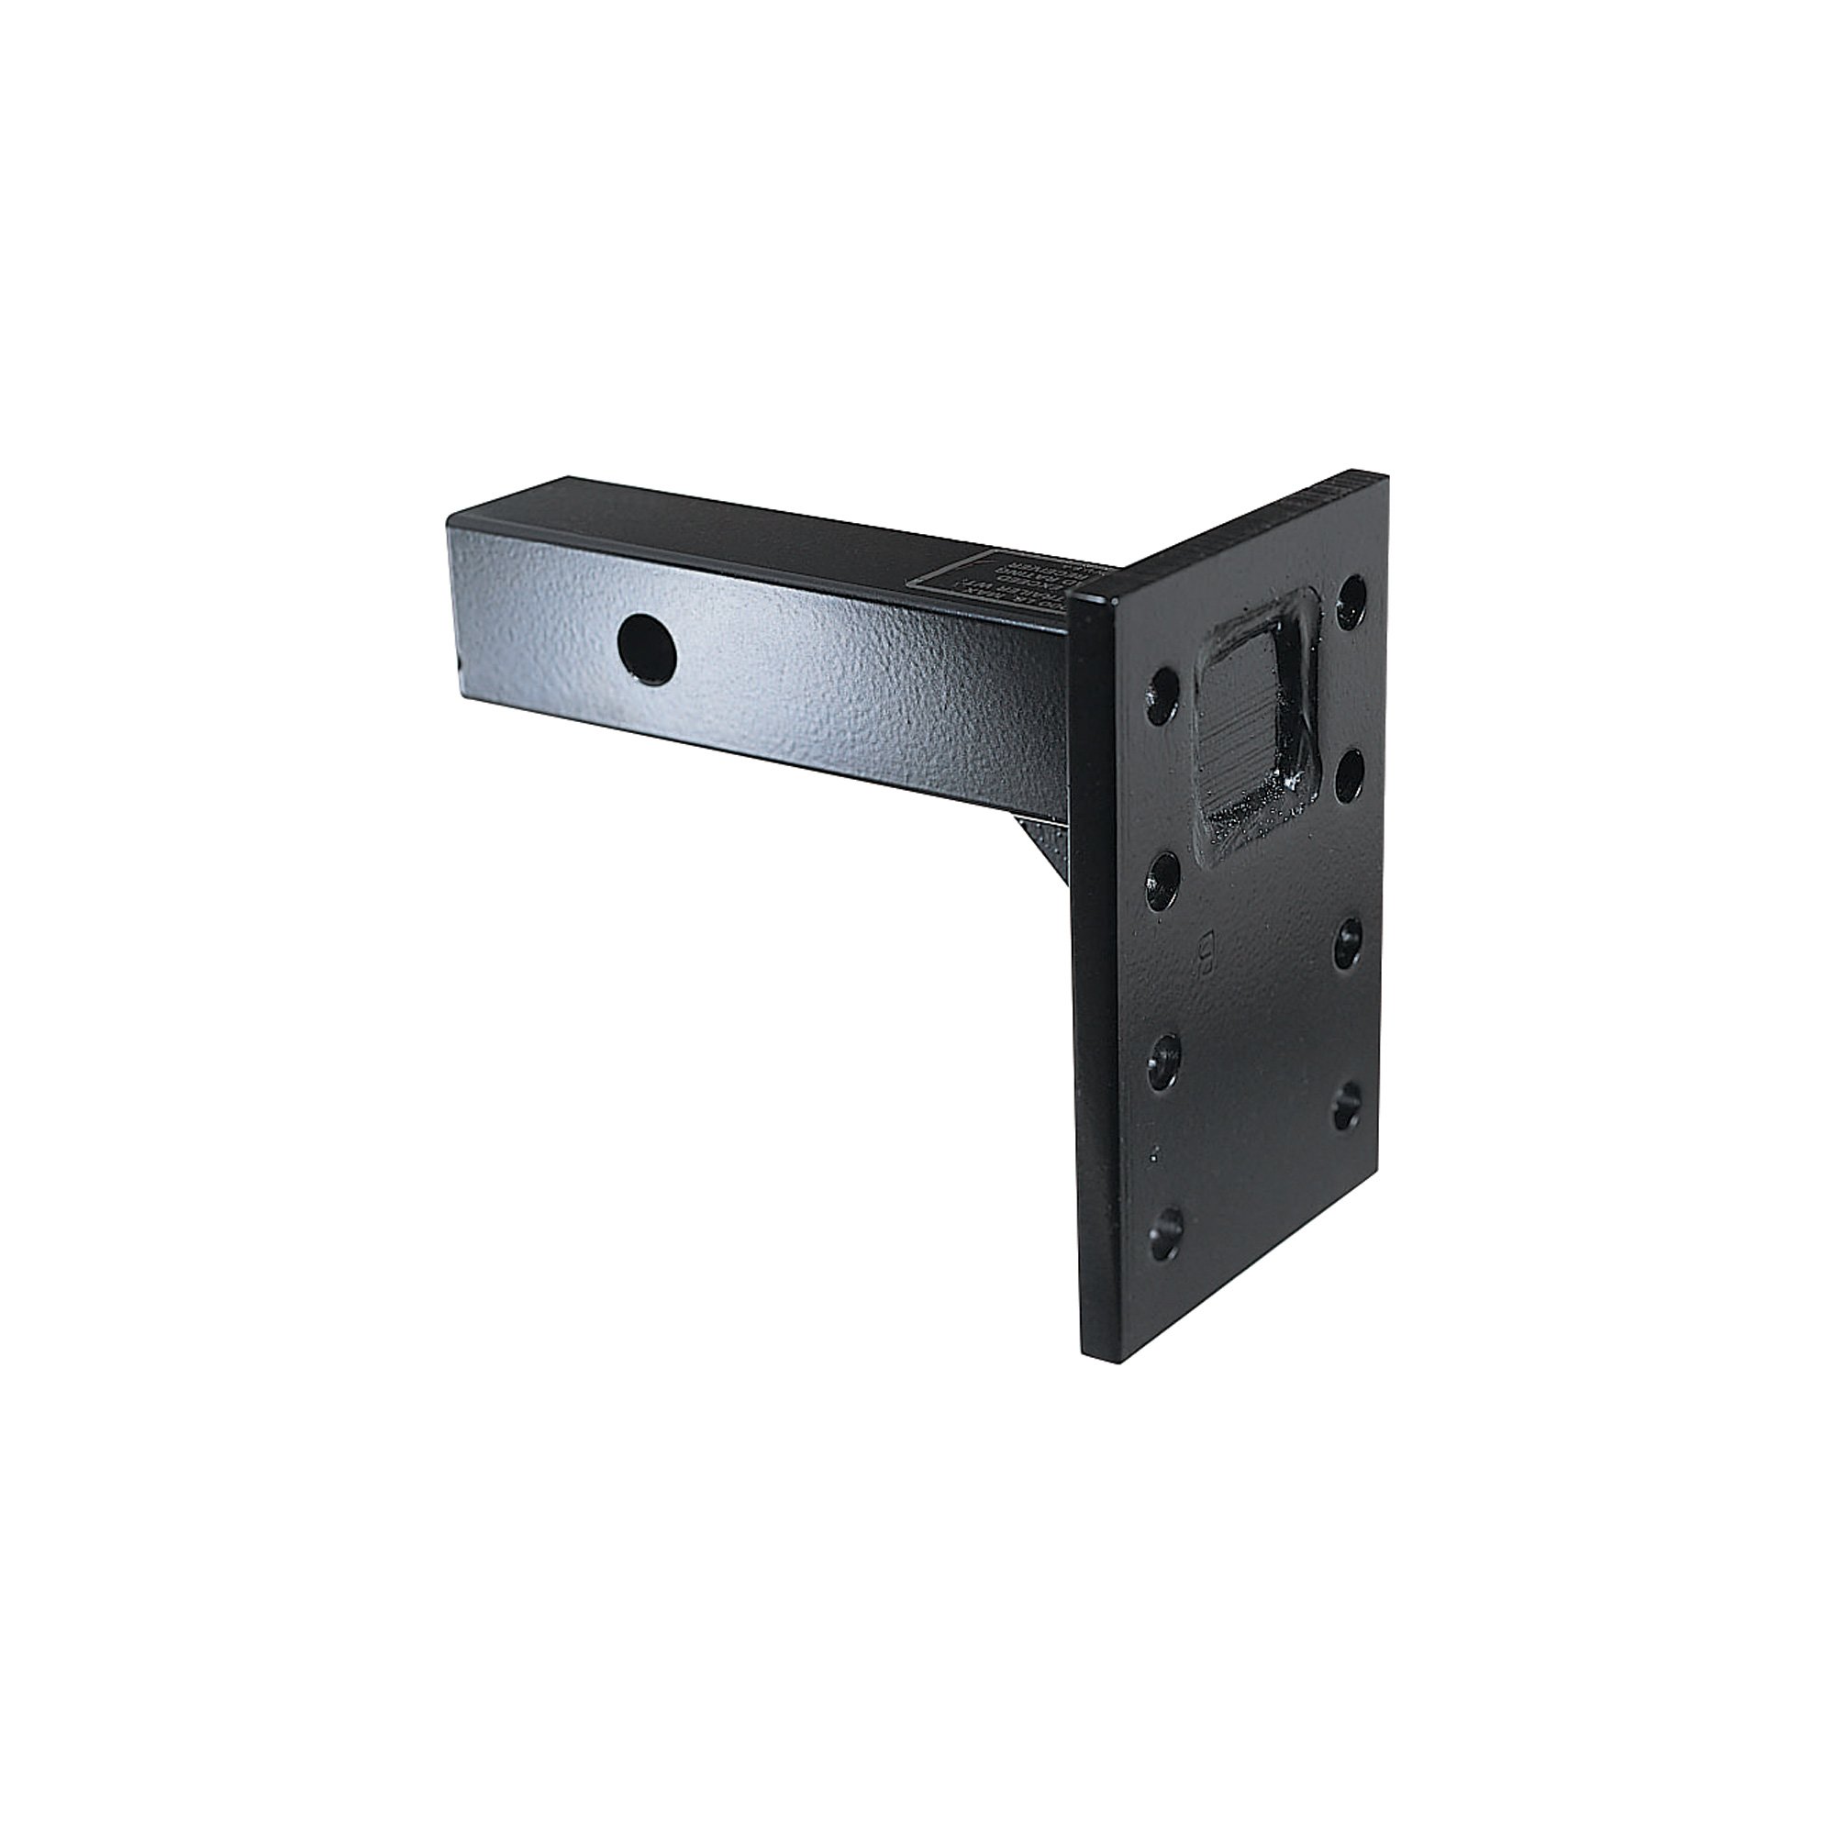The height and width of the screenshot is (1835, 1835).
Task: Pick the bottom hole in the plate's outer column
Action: [1346, 1108]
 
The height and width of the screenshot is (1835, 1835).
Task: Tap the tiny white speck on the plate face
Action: [1153, 1155]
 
